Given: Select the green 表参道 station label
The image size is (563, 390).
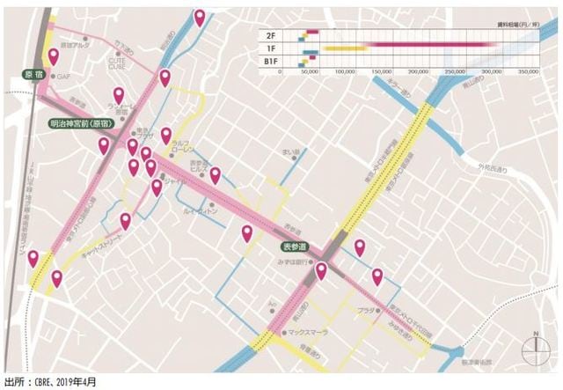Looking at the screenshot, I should click(x=296, y=247).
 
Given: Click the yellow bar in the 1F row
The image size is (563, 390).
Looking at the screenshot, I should click(x=345, y=47).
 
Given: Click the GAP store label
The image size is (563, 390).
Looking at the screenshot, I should click(x=62, y=77).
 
